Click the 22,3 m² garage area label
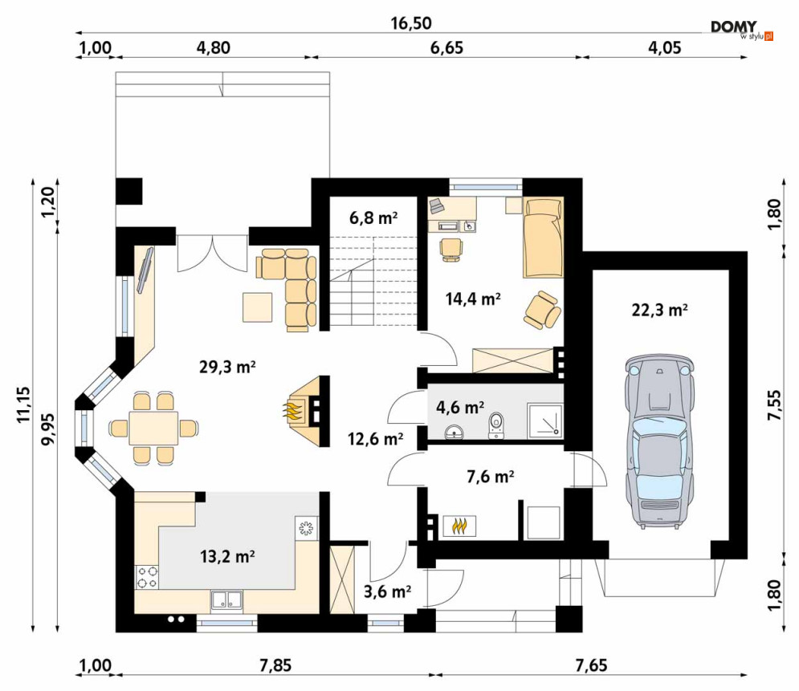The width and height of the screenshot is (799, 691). click(x=659, y=310)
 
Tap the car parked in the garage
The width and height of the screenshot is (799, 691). click(x=659, y=441)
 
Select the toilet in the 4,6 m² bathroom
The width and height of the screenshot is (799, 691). click(x=495, y=425)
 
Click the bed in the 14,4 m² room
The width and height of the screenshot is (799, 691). click(x=543, y=238)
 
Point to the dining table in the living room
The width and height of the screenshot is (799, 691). click(x=153, y=429)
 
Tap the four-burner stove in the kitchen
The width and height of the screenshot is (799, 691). click(x=147, y=578)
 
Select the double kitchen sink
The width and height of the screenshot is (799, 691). click(x=226, y=601)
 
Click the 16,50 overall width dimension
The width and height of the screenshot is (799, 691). click(x=410, y=23)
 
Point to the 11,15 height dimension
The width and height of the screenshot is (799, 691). click(x=23, y=404)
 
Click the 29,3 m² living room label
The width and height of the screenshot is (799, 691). click(x=226, y=367)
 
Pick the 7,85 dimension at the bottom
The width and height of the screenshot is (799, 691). click(x=275, y=665)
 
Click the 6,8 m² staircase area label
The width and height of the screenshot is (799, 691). click(x=373, y=218)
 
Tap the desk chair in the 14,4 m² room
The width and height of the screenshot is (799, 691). click(x=451, y=250)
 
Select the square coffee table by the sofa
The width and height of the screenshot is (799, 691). click(x=257, y=307)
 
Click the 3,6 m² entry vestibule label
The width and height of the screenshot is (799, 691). click(x=387, y=591)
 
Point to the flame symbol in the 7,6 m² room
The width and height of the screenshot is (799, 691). click(x=459, y=526)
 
